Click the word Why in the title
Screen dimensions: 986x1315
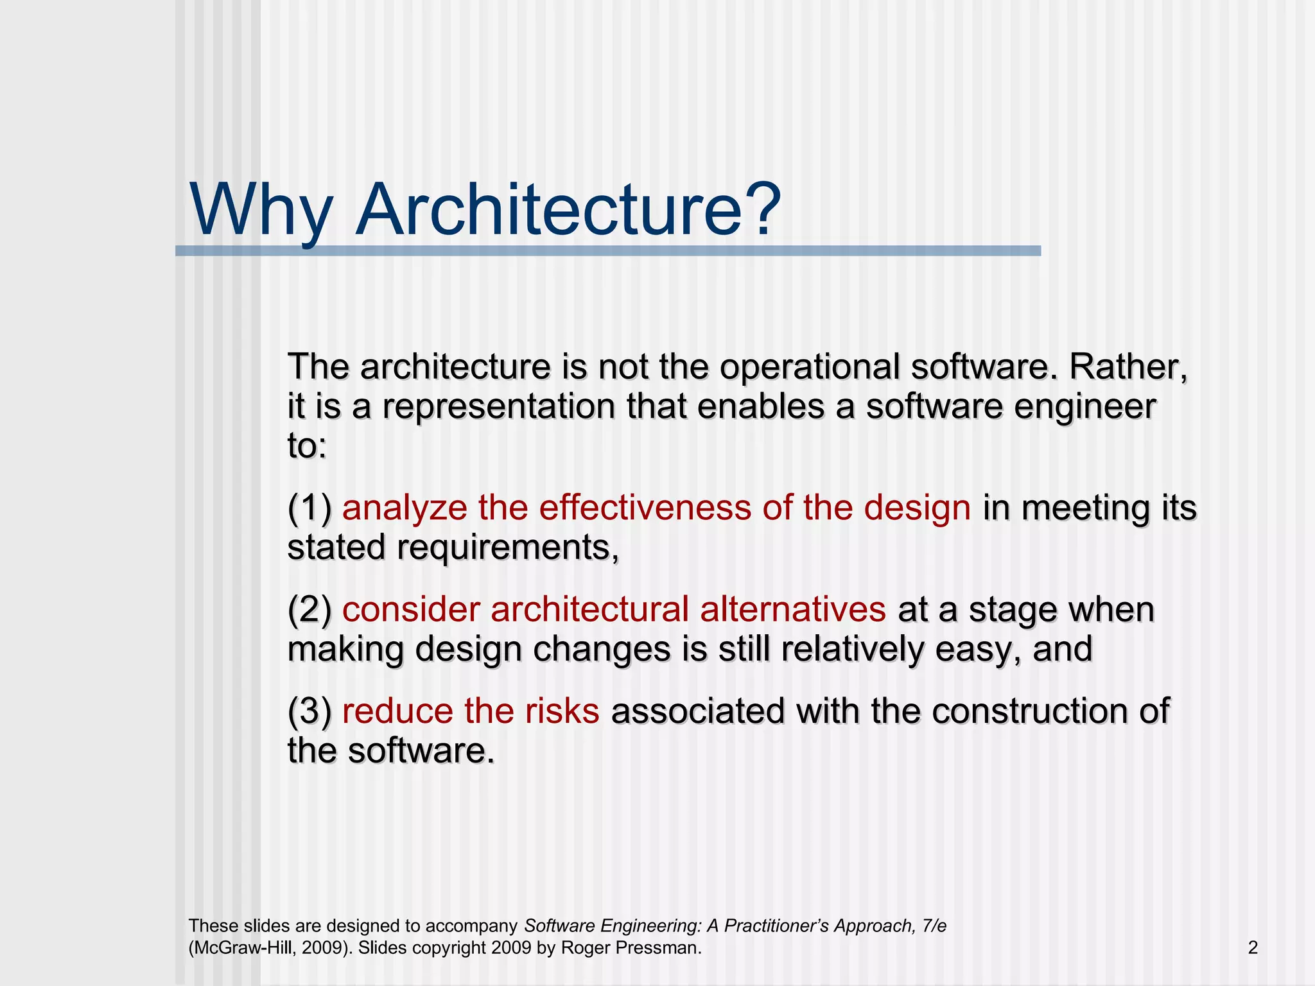pos(260,211)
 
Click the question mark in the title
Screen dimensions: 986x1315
pos(762,209)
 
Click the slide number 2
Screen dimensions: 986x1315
pos(1252,947)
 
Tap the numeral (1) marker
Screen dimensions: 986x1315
pos(309,508)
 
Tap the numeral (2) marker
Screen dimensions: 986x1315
pos(309,610)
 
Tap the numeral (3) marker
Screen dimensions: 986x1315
pos(309,711)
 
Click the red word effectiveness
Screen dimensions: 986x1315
pos(645,507)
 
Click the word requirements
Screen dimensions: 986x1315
pos(507,548)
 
